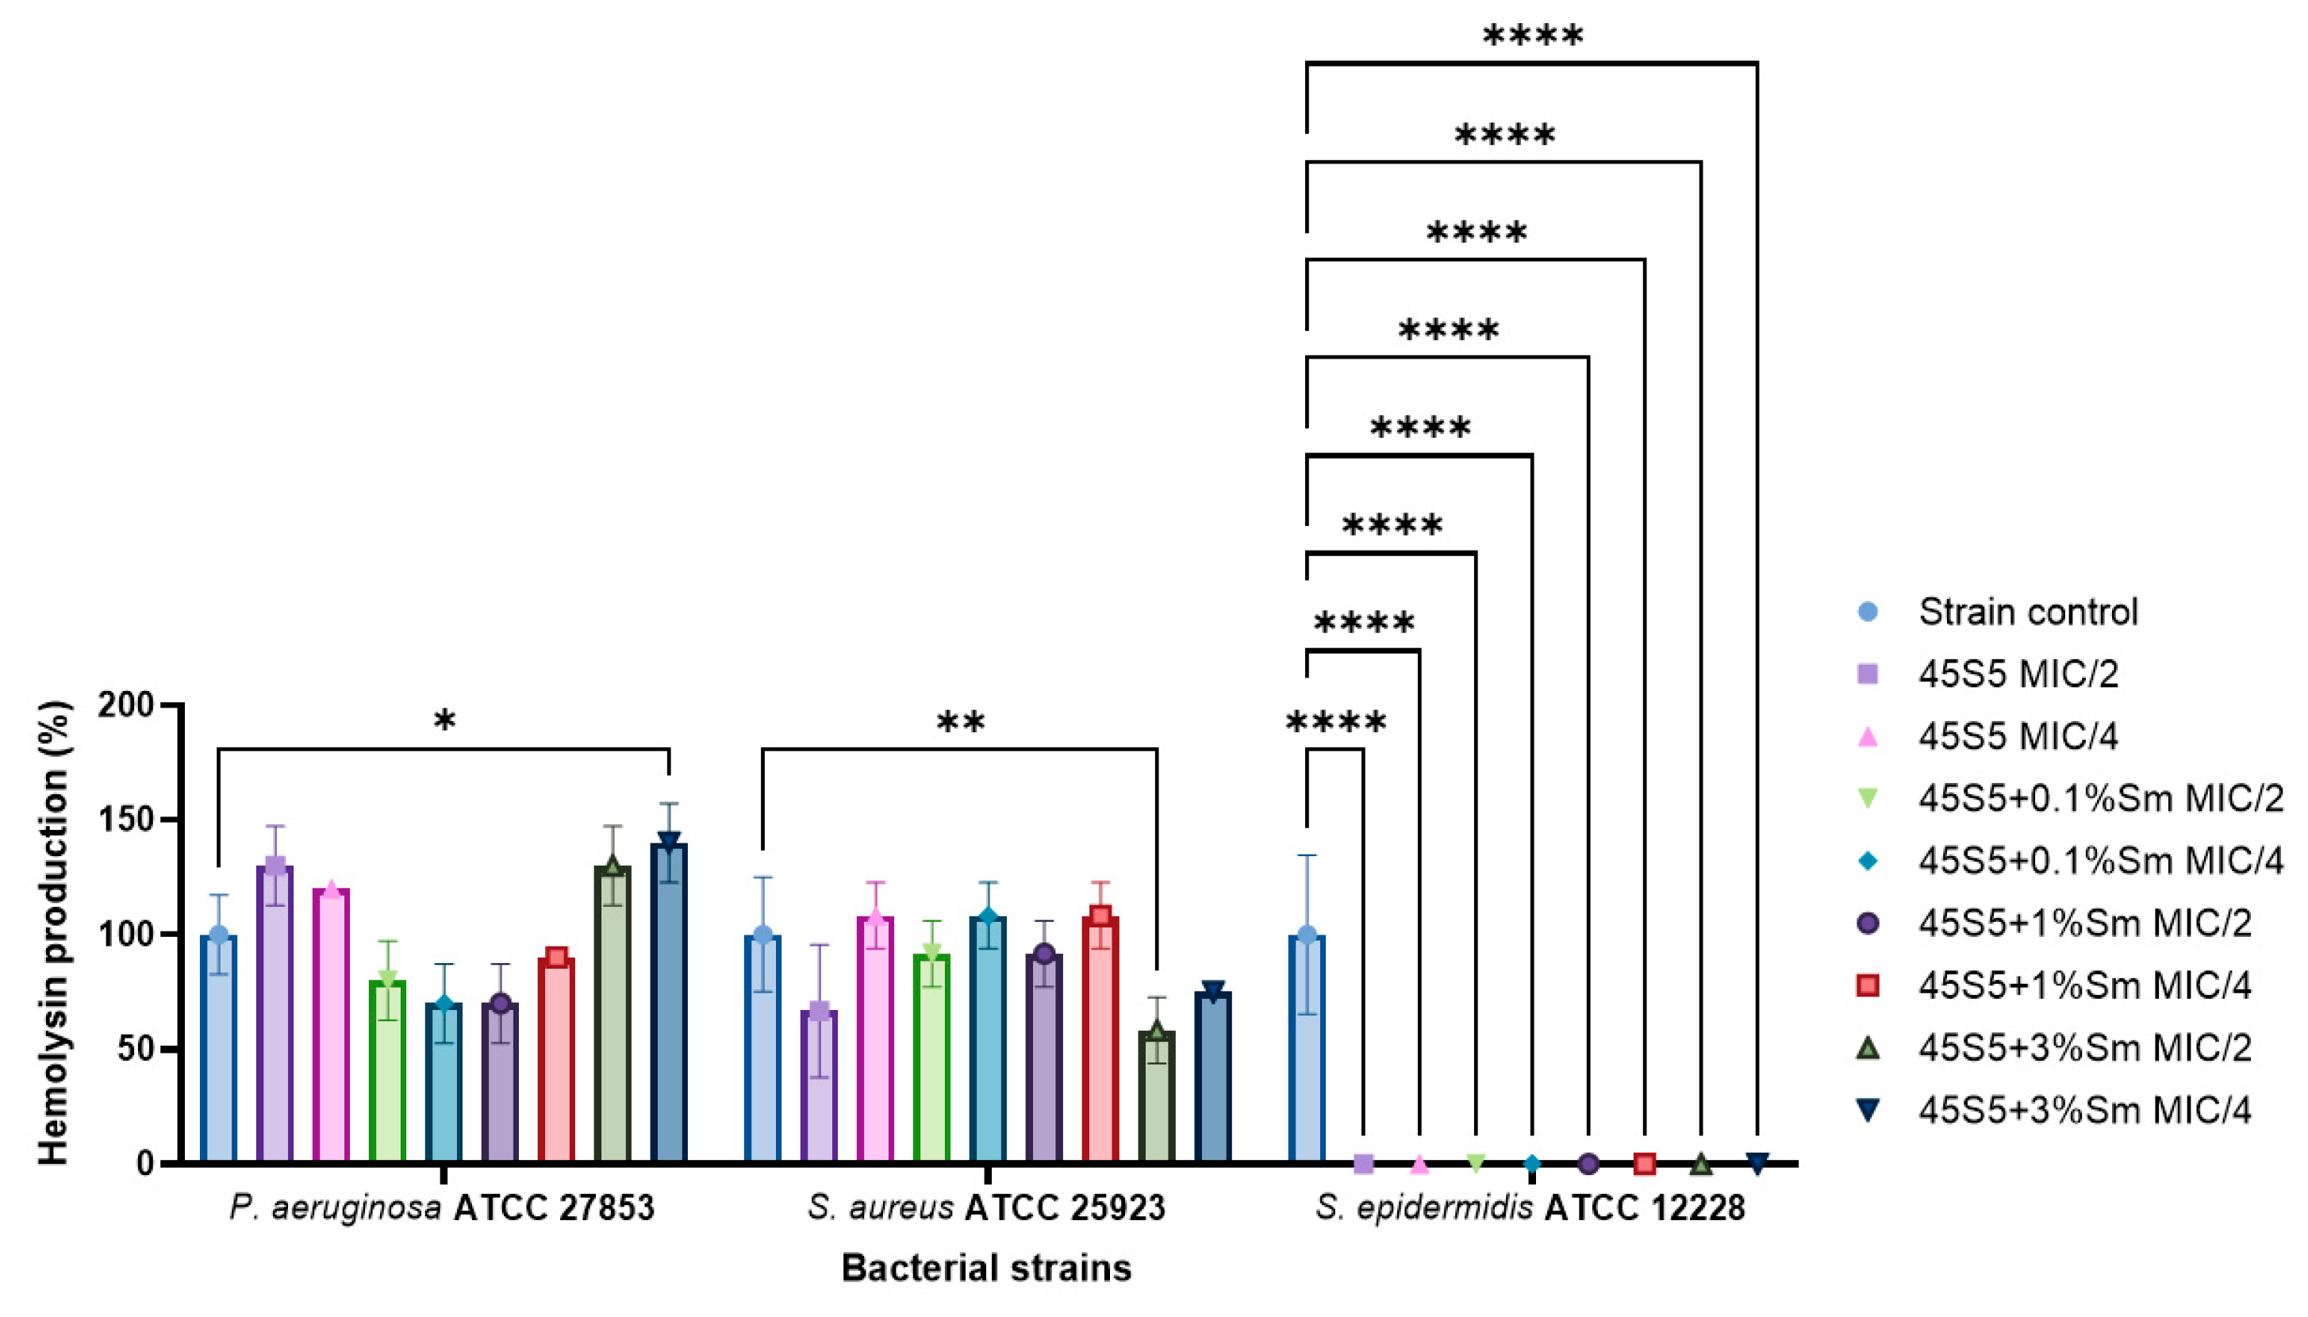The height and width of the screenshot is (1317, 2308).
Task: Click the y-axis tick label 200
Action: pos(125,705)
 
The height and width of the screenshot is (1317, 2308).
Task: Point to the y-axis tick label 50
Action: pos(134,1050)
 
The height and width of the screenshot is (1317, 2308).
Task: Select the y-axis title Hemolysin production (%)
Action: pos(54,931)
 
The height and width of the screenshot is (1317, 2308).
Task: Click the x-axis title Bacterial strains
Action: pos(985,1268)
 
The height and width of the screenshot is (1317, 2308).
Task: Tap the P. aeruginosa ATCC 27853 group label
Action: pos(441,1208)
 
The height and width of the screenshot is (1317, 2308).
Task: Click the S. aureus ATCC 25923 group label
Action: pos(985,1208)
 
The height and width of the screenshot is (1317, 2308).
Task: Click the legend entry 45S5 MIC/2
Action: pos(2018,674)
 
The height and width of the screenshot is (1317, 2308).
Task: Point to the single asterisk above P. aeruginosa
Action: pos(444,721)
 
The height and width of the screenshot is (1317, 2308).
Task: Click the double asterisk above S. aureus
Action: pos(961,722)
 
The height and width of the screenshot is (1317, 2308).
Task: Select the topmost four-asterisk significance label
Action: pos(1533,36)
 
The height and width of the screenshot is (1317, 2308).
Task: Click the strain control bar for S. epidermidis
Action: pos(1306,1050)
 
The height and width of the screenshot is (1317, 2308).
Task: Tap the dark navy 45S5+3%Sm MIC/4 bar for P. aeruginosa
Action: pos(670,1004)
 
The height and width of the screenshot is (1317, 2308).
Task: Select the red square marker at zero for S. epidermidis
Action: pos(1644,1163)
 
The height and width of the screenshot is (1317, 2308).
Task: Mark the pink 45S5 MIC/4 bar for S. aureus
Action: pos(875,1040)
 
